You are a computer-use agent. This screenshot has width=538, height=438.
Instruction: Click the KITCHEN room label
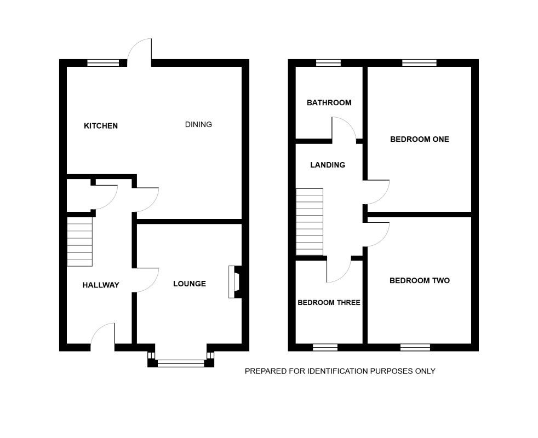point(100,126)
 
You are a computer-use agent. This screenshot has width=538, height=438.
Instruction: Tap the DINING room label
point(198,124)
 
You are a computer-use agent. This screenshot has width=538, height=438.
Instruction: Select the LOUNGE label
point(190,284)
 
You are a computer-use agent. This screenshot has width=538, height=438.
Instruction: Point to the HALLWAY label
point(101,285)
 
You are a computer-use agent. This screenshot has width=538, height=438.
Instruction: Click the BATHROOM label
point(329,102)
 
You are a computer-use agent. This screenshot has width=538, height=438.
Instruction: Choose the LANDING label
point(328,165)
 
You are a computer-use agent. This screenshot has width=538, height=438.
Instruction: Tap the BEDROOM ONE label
point(419,139)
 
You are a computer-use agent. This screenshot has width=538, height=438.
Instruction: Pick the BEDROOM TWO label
point(419,280)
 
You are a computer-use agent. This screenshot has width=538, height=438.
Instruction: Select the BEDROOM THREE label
point(329,302)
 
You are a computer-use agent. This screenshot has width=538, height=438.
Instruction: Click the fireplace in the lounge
point(234,282)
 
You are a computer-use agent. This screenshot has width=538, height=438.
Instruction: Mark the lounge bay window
point(181,362)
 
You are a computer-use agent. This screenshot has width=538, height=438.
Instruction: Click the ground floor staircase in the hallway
point(79,241)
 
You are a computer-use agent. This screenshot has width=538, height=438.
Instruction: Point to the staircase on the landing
point(310,222)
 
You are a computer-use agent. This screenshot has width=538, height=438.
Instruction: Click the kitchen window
point(103,63)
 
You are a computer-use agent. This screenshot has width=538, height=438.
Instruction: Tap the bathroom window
point(328,63)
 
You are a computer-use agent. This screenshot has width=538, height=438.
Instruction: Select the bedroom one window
point(419,63)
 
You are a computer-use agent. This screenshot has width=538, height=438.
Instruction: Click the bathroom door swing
point(344,129)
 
